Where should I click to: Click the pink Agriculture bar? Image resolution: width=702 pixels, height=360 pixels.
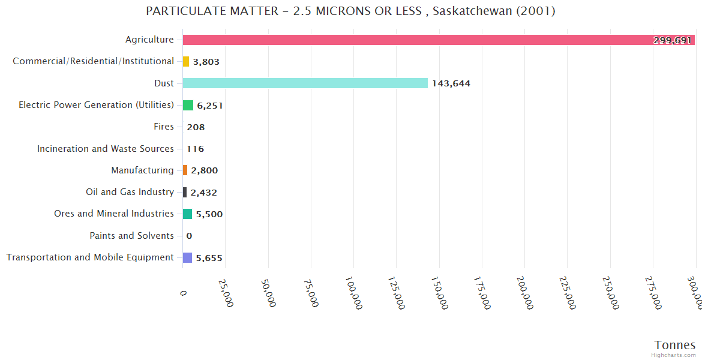(x=438, y=40)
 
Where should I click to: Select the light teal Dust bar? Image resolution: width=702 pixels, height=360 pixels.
(x=305, y=83)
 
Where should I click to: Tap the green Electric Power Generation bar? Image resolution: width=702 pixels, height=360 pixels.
(x=188, y=105)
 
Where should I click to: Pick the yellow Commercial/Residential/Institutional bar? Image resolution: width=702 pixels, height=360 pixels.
(x=186, y=61)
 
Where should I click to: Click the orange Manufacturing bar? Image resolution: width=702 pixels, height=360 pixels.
(x=185, y=170)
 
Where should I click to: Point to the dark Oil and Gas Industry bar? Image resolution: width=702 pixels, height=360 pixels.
(x=185, y=192)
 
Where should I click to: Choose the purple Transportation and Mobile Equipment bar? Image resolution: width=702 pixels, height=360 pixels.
(x=187, y=257)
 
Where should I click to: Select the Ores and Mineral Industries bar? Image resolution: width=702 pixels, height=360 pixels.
(x=187, y=214)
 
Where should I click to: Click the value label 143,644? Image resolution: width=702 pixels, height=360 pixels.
(x=451, y=83)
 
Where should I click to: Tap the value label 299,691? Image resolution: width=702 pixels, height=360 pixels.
(x=673, y=40)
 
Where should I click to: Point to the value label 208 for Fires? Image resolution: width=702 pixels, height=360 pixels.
(x=196, y=127)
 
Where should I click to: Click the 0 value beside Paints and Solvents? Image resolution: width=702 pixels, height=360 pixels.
(x=189, y=236)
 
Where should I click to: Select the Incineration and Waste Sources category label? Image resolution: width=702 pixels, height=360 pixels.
(x=106, y=149)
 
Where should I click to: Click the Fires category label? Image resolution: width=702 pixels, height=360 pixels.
(x=164, y=127)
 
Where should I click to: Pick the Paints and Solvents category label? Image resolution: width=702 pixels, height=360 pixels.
(x=132, y=236)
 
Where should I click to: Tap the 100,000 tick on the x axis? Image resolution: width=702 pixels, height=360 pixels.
(x=354, y=293)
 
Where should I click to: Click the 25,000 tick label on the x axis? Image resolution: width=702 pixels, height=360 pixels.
(x=225, y=293)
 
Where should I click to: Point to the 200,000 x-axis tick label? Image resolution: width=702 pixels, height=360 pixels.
(x=525, y=293)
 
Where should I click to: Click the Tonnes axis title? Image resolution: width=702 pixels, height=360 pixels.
(x=675, y=345)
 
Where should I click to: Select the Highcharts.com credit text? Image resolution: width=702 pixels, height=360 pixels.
(x=674, y=355)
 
